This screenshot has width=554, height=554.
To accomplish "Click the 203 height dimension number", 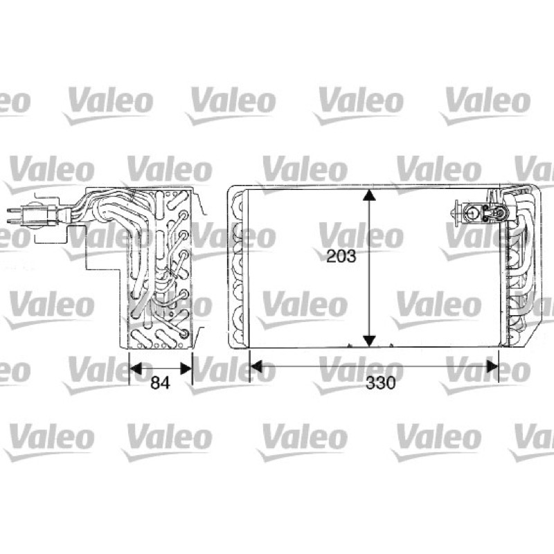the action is [341, 256].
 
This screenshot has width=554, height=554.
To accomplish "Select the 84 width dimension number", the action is [161, 382].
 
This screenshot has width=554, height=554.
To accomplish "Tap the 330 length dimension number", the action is [380, 382].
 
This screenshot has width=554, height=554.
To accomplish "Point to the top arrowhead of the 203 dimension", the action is [369, 195].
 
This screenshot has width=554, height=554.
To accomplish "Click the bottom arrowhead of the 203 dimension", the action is [369, 341].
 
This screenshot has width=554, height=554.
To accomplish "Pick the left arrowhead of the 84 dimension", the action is [136, 368].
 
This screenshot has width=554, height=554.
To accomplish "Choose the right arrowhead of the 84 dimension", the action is [186, 368].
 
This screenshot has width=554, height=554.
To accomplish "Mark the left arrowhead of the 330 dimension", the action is [256, 366].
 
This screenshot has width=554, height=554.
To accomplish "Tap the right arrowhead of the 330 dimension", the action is [492, 366].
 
